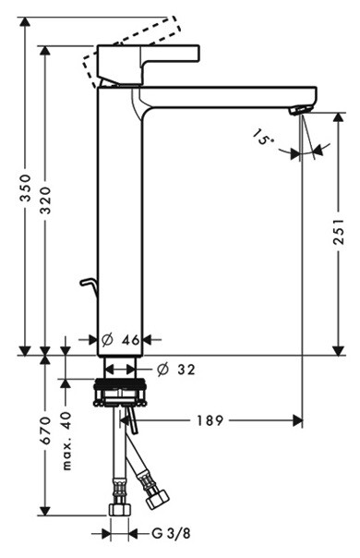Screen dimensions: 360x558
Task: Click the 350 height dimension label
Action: click(x=25, y=188)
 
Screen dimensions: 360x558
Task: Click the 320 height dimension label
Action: click(x=45, y=200)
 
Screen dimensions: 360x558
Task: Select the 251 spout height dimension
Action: click(x=338, y=231)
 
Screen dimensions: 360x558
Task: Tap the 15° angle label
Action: click(x=264, y=137)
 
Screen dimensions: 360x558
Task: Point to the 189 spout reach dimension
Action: click(x=210, y=420)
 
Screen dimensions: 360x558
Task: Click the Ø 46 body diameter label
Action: click(x=121, y=340)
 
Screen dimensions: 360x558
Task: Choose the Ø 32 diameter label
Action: click(x=176, y=370)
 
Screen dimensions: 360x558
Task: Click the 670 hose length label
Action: click(x=45, y=431)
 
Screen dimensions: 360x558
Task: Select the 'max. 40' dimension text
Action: click(x=66, y=442)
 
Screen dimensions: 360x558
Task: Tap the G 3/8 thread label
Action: click(x=171, y=533)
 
